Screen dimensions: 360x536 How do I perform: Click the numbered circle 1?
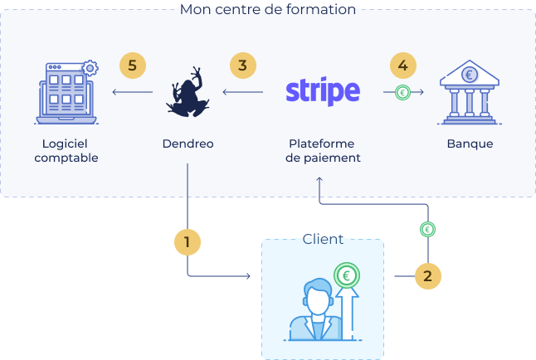pos(188,242)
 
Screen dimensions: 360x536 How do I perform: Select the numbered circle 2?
pos(427,276)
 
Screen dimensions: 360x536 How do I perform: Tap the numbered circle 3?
pos(242,65)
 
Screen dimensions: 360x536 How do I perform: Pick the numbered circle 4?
pos(402,65)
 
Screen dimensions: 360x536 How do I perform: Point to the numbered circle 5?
pos(132,65)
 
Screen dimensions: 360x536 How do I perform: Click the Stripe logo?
pos(322,91)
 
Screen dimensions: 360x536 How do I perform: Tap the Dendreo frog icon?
pos(188,93)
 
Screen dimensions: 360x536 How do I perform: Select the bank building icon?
pos(470,91)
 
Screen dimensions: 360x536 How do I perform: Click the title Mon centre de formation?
pos(268,10)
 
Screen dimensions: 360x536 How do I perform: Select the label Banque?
pos(470,144)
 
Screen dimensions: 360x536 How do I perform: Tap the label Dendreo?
pos(188,144)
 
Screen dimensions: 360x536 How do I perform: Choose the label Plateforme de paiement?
pos(322,150)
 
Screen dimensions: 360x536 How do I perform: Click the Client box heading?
pos(323,239)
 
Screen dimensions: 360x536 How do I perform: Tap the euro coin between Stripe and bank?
pos(402,93)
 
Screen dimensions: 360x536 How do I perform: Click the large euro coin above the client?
pos(346,275)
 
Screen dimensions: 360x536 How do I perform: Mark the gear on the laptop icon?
pos(89,66)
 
